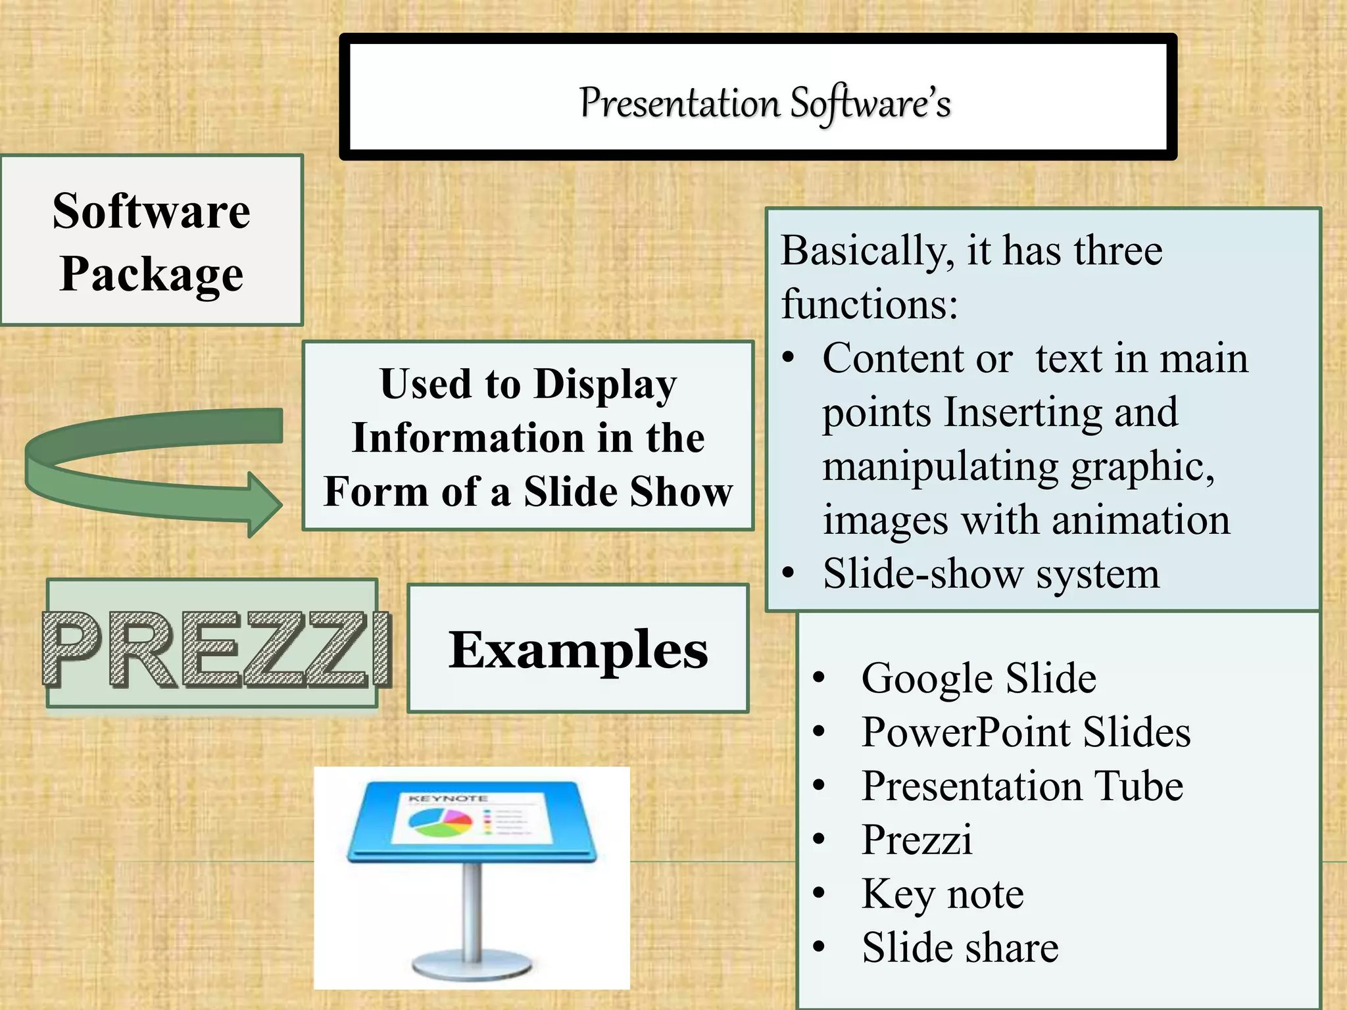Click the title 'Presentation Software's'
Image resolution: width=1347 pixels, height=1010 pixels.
pyautogui.click(x=765, y=104)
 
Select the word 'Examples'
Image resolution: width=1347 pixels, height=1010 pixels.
pyautogui.click(x=578, y=650)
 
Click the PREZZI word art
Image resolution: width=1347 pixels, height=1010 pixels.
pyautogui.click(x=217, y=650)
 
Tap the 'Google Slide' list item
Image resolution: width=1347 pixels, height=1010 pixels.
pyautogui.click(x=979, y=678)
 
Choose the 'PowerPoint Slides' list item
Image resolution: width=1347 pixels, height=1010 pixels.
pyautogui.click(x=1025, y=732)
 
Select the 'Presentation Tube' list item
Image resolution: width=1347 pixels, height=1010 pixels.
pyautogui.click(x=1022, y=786)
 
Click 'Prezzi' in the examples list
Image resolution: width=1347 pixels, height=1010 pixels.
pyautogui.click(x=917, y=840)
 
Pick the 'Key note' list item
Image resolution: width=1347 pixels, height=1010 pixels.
pyautogui.click(x=943, y=894)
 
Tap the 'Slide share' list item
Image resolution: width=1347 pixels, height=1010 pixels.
pyautogui.click(x=960, y=948)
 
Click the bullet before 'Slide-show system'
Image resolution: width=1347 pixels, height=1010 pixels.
pyautogui.click(x=789, y=573)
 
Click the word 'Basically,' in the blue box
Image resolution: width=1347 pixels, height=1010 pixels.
pyautogui.click(x=868, y=251)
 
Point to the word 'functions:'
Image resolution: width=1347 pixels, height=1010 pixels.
pyautogui.click(x=869, y=305)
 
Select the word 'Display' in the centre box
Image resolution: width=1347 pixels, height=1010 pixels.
pyautogui.click(x=605, y=385)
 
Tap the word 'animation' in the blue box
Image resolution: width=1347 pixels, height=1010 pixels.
pyautogui.click(x=1140, y=521)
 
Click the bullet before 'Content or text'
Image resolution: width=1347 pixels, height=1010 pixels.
pyautogui.click(x=789, y=359)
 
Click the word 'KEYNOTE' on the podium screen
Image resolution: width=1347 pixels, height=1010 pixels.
pyautogui.click(x=447, y=799)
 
